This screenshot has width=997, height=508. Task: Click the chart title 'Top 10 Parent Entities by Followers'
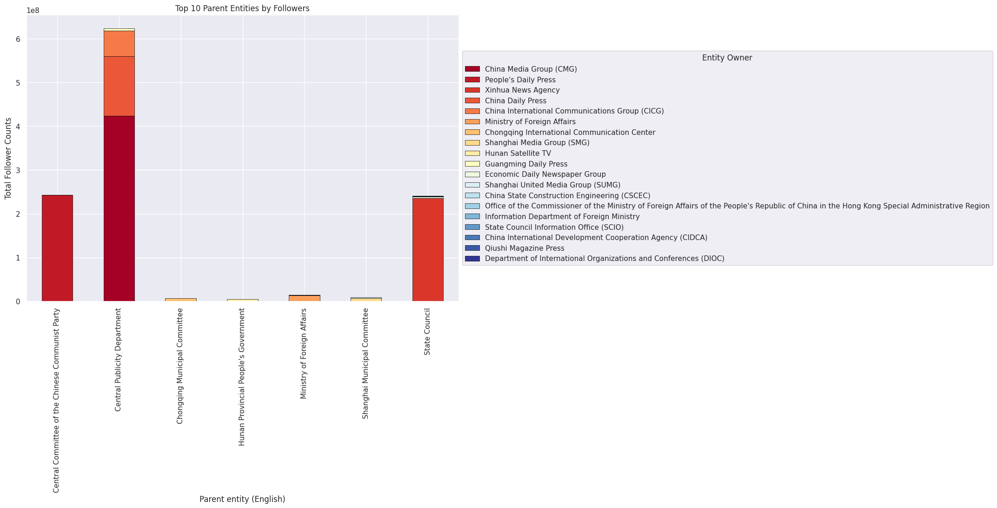[x=242, y=8]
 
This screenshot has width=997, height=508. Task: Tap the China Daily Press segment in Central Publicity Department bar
[x=119, y=86]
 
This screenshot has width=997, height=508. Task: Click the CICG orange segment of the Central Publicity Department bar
[x=119, y=44]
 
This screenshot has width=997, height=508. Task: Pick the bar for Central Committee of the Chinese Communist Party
[x=57, y=248]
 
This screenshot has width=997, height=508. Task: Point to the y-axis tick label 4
[x=18, y=127]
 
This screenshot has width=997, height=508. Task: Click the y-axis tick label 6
[x=18, y=39]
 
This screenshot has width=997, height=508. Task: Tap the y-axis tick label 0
[x=18, y=302]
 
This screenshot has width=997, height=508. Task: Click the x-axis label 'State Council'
[x=427, y=332]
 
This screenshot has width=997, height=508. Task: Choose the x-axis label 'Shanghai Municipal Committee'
[x=366, y=363]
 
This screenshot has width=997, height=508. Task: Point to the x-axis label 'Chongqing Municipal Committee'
[x=180, y=366]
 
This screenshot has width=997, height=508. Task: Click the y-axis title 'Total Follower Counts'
[x=8, y=158]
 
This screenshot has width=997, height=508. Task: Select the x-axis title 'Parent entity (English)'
[x=242, y=499]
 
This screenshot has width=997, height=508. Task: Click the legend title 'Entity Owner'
[x=727, y=58]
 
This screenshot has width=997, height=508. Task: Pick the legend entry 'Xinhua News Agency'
[x=522, y=90]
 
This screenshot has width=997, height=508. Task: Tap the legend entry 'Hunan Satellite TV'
[x=518, y=154]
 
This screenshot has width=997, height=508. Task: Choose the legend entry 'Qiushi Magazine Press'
[x=524, y=248]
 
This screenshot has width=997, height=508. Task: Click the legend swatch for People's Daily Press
[x=472, y=80]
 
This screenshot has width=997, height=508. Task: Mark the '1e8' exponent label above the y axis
[x=33, y=11]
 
